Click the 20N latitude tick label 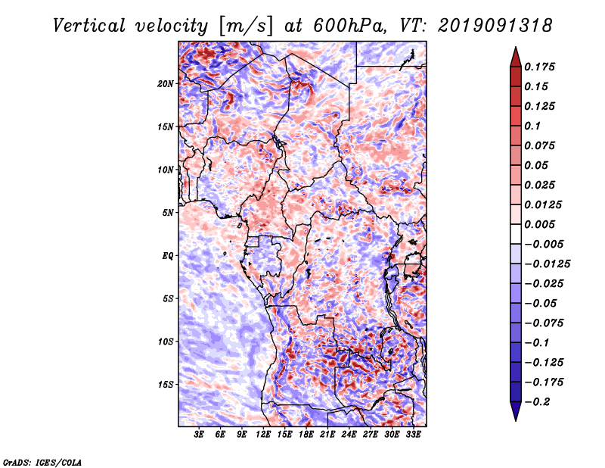(166, 83)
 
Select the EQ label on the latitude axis (168, 255)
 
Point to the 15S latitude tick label (166, 385)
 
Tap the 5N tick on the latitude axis (168, 212)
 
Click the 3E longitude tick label (199, 435)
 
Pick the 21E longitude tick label (328, 435)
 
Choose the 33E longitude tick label (414, 435)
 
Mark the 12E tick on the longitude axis (263, 435)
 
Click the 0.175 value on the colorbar (541, 67)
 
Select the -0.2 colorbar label (538, 401)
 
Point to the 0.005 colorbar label (541, 224)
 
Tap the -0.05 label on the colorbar (541, 303)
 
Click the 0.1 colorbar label (534, 126)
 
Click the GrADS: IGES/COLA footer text (42, 461)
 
